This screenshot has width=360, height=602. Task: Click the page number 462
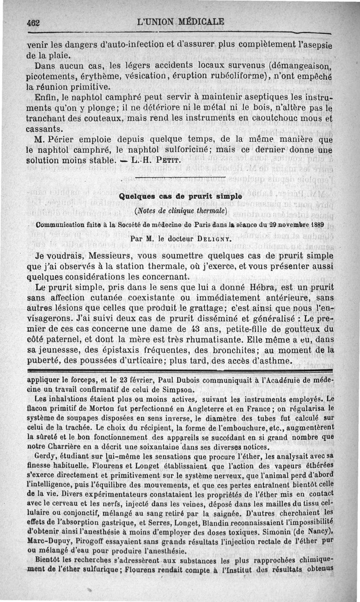click(34, 22)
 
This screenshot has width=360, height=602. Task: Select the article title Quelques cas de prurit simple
click(180, 196)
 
